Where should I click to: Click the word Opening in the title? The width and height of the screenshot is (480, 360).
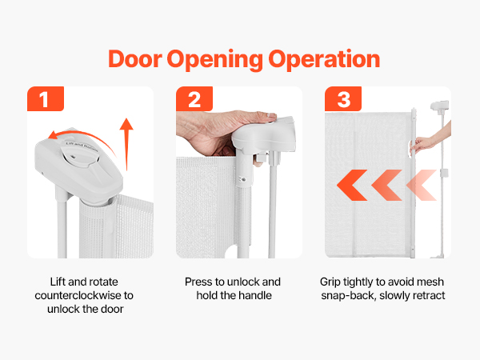click(214, 60)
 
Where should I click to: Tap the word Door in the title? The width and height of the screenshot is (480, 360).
click(134, 58)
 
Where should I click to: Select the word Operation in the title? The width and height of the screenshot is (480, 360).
click(324, 60)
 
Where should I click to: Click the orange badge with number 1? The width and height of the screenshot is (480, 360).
click(46, 98)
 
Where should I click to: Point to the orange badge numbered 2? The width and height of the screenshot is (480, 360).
click(194, 98)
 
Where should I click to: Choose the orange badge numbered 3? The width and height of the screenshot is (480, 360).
click(343, 98)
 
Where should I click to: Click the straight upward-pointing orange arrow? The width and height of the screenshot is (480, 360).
click(126, 144)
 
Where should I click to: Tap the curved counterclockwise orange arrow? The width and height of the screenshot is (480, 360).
click(84, 136)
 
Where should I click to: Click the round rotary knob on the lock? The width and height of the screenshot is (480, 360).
click(79, 155)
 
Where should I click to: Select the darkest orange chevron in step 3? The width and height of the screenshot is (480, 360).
click(352, 186)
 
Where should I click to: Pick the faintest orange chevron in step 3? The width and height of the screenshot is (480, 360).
click(422, 186)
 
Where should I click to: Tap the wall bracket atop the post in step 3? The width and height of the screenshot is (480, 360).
click(439, 106)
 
